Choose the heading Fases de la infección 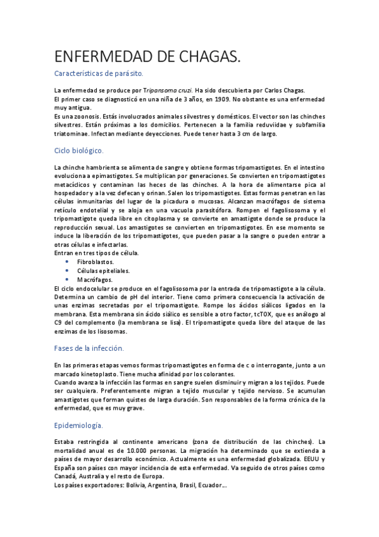[89, 348]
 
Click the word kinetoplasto [91, 374]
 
